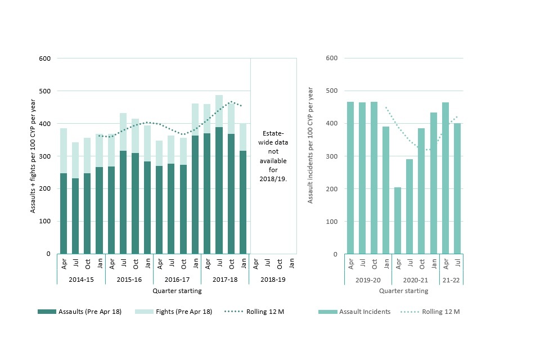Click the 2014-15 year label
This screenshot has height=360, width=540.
(x=81, y=279)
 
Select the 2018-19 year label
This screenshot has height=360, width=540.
(x=273, y=279)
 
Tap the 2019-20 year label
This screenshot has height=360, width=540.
(x=368, y=279)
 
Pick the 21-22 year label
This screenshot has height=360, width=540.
(x=452, y=279)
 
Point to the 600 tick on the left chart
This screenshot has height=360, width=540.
(x=46, y=58)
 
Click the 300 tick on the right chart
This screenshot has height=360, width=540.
(x=332, y=156)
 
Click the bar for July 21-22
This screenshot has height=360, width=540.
(x=458, y=188)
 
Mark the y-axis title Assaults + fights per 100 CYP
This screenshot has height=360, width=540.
(x=33, y=156)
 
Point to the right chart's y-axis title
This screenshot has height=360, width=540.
(x=310, y=156)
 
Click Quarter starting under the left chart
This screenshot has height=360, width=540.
(x=177, y=291)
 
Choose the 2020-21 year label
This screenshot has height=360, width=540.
(x=416, y=279)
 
